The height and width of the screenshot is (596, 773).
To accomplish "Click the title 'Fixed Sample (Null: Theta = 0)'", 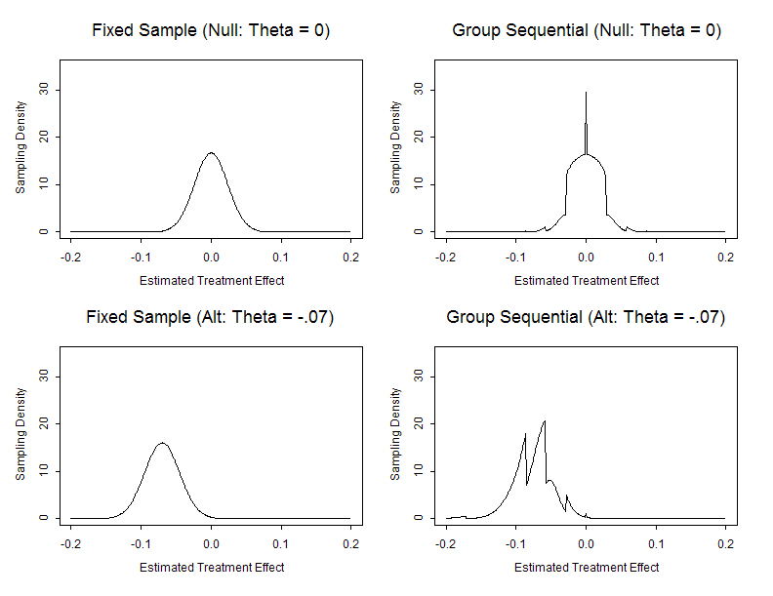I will pos(211,30).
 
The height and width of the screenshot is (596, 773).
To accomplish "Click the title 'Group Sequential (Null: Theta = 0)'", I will pos(587,30).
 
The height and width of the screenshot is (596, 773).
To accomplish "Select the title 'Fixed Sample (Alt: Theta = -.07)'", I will pos(211,317).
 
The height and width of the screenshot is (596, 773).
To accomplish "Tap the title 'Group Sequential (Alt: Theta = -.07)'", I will pos(587,317).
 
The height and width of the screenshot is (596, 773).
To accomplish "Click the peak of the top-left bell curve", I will pos(211,153).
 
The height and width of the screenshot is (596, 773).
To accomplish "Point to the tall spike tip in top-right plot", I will pos(586,93).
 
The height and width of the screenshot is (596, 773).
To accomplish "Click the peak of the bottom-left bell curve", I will pos(162,444).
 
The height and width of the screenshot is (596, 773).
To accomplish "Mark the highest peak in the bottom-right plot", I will pos(544,421).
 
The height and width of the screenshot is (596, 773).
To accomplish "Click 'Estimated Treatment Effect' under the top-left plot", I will pos(211,281).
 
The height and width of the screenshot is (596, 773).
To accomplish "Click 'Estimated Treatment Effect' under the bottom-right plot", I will pos(587,568).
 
